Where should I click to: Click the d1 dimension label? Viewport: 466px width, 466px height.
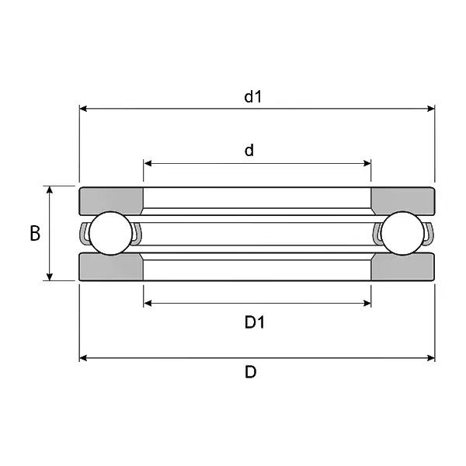(x=253, y=97)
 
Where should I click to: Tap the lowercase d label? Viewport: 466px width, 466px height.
(x=249, y=151)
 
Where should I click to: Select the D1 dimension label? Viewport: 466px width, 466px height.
(x=255, y=322)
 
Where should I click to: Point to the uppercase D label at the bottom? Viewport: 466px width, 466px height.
(x=251, y=372)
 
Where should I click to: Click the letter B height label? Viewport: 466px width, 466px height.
(x=35, y=233)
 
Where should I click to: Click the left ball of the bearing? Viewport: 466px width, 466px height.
(x=110, y=233)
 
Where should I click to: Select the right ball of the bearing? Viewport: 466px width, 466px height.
(x=402, y=233)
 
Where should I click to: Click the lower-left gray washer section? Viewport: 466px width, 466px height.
(x=110, y=267)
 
